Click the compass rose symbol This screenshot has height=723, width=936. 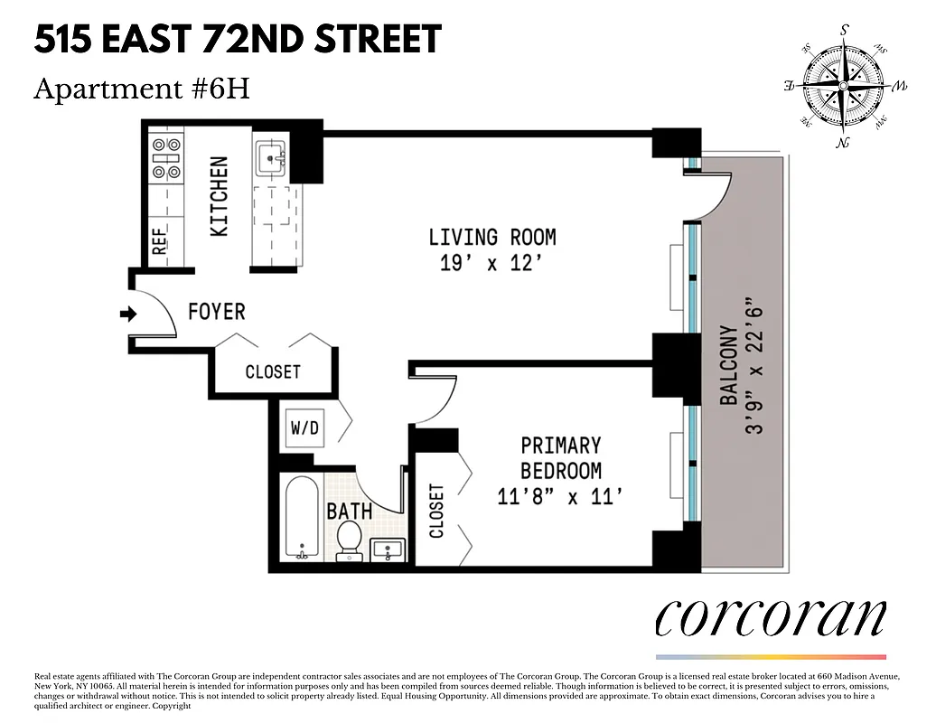pyautogui.click(x=842, y=86)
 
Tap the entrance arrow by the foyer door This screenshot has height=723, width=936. pyautogui.click(x=127, y=315)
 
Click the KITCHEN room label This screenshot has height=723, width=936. pyautogui.click(x=219, y=197)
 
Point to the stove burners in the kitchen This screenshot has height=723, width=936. pyautogui.click(x=167, y=157)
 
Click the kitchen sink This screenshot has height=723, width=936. pyautogui.click(x=269, y=159)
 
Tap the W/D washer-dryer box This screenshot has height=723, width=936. pyautogui.click(x=304, y=427)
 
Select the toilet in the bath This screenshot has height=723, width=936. pyautogui.click(x=349, y=539)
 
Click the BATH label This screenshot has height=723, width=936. pyautogui.click(x=350, y=512)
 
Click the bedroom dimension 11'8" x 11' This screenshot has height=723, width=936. pyautogui.click(x=560, y=495)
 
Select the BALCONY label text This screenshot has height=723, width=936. pyautogui.click(x=730, y=365)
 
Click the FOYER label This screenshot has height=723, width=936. pyautogui.click(x=217, y=312)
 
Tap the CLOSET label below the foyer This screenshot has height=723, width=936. pyautogui.click(x=273, y=372)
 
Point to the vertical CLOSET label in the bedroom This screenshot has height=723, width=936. pyautogui.click(x=436, y=512)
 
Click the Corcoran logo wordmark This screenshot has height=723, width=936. pyautogui.click(x=770, y=618)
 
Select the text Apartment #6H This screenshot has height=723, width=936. pyautogui.click(x=142, y=89)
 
